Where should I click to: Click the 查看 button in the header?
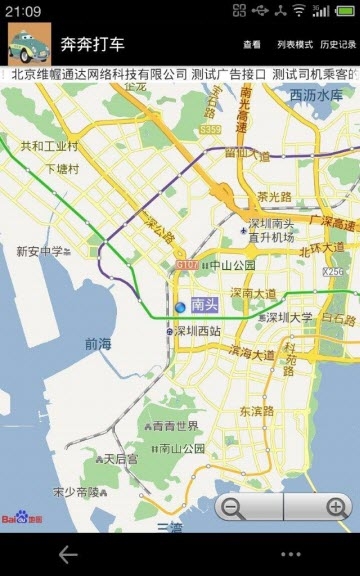click(x=251, y=45)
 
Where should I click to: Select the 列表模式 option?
click(x=294, y=45)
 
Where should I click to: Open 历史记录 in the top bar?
click(x=338, y=45)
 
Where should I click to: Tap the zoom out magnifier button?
click(x=233, y=507)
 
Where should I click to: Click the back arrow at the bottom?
click(x=68, y=553)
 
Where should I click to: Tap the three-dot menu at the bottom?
click(x=290, y=554)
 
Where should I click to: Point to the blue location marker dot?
click(x=180, y=306)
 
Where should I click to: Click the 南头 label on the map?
click(x=204, y=306)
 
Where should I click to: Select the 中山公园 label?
click(x=231, y=266)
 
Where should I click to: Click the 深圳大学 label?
click(x=288, y=317)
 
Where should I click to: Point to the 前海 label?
click(x=98, y=343)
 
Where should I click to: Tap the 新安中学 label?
click(x=39, y=252)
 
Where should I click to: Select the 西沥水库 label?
click(x=316, y=96)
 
